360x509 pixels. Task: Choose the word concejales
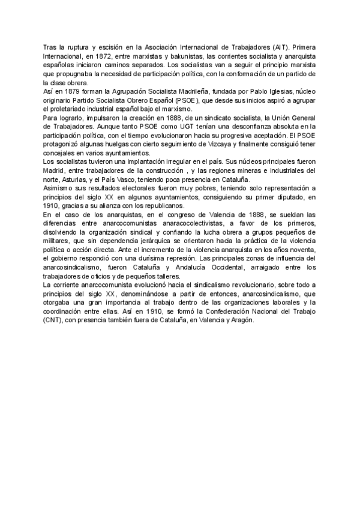pos(60,154)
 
